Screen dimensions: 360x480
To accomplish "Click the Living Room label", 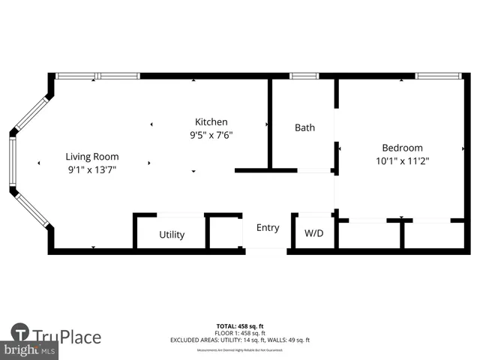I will tap(91, 157).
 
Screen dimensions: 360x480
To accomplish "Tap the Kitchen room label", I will tap(211, 122).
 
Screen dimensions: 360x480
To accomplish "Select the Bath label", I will tap(304, 127).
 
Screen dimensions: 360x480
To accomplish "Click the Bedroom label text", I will tap(402, 148).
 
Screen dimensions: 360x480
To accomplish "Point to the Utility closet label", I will tap(172, 235).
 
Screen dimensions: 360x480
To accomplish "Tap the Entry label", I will tap(268, 228).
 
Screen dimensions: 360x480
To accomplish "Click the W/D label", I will tap(313, 233).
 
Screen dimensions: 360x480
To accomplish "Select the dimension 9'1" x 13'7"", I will tap(91, 169).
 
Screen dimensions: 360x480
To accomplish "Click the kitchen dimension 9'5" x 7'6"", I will tap(211, 135).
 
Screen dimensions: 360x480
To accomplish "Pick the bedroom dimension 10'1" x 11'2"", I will tap(402, 160).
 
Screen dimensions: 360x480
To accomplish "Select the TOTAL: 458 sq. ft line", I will tap(240, 326).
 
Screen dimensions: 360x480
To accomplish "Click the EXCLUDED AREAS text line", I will tap(240, 340).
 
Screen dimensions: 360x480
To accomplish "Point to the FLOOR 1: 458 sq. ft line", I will tap(240, 333).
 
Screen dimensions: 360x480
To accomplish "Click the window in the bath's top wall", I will tap(304, 76).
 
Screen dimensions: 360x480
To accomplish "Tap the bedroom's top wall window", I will tap(439, 76).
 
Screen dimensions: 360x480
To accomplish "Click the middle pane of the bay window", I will tap(12, 161).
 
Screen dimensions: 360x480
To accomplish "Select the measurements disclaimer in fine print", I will tap(240, 348).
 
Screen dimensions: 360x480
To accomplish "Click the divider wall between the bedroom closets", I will tap(403, 234).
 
